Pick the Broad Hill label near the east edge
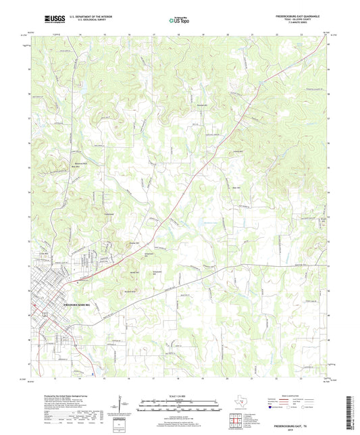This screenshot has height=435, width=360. tap(323, 219)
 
